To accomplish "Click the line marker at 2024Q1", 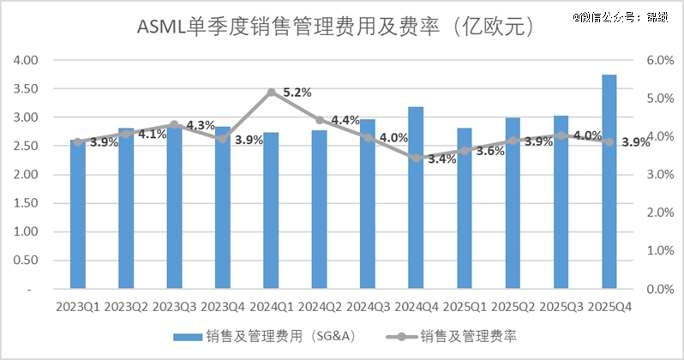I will (x=271, y=92).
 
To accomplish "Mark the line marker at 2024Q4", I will (x=416, y=159).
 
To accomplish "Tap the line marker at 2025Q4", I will (x=609, y=141).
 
